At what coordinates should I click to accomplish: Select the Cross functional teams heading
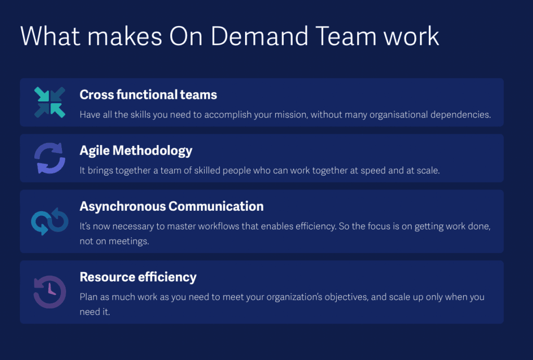coord(148,95)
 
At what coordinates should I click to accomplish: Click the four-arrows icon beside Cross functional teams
coord(49,102)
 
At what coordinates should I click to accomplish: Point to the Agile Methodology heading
coord(136,151)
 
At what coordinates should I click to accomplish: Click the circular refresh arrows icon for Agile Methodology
coord(49,158)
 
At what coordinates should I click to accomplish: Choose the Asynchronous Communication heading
coord(171,207)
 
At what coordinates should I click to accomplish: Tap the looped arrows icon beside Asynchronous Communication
coord(49,221)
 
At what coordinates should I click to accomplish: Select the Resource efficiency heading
coord(138,277)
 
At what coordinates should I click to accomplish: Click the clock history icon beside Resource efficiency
coord(49,292)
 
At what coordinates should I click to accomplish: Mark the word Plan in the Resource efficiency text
coord(87,297)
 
